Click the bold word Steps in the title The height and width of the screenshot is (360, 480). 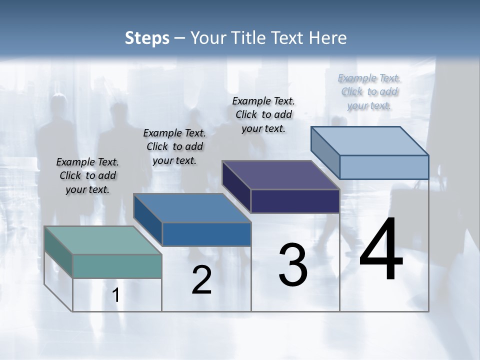point(147,38)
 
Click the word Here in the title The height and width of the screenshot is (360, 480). point(329,38)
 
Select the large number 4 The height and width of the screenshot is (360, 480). point(381,249)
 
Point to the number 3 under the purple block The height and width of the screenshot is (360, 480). point(293,265)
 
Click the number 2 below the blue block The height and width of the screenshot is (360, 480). point(201,280)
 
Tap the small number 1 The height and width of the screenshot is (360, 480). point(116,295)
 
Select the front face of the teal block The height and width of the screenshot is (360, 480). point(117,266)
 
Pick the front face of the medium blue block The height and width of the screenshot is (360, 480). point(206,234)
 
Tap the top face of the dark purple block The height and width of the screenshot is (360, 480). point(280,175)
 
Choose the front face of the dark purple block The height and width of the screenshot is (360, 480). point(295,201)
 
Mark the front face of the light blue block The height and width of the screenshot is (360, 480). point(384,167)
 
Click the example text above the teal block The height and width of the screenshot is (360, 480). point(87,175)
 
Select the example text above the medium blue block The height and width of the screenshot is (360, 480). point(174,146)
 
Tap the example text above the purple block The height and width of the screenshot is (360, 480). point(263,114)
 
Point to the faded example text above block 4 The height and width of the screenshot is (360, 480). point(369,91)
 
